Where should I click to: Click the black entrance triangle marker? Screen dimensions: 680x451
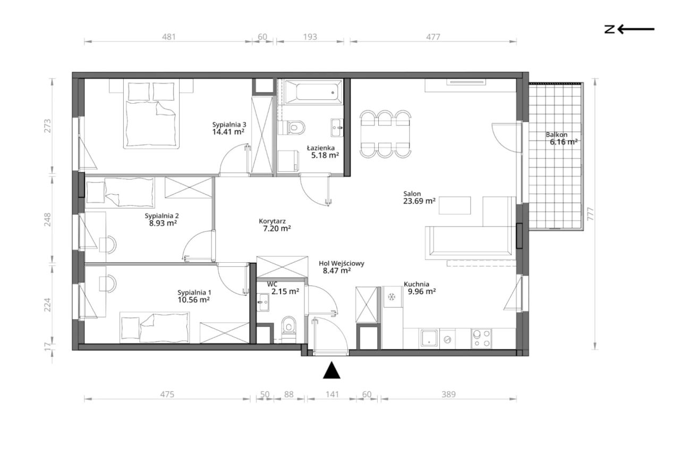click(x=331, y=371)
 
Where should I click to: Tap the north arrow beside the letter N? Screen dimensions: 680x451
click(x=636, y=29)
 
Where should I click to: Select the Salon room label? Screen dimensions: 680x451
click(x=412, y=194)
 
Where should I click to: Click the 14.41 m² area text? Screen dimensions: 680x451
click(x=228, y=132)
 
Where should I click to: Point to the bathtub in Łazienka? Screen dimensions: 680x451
click(x=313, y=91)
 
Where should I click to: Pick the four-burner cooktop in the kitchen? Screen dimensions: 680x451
click(x=481, y=338)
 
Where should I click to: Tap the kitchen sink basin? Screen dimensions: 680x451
click(x=429, y=338)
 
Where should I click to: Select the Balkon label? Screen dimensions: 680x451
click(x=556, y=135)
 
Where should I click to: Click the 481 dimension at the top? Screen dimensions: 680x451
click(x=169, y=37)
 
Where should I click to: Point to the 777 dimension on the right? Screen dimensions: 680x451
click(x=590, y=214)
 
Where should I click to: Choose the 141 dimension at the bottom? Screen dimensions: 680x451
click(x=332, y=395)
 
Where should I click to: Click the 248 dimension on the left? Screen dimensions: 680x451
click(x=48, y=220)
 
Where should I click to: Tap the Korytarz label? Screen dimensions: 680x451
click(x=273, y=221)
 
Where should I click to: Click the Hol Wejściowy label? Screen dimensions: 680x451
click(x=342, y=263)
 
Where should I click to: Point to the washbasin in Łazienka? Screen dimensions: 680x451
click(x=337, y=128)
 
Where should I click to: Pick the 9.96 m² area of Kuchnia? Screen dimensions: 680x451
click(x=422, y=292)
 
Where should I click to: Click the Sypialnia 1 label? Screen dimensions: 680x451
click(x=194, y=293)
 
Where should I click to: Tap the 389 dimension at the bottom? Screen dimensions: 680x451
click(x=449, y=395)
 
